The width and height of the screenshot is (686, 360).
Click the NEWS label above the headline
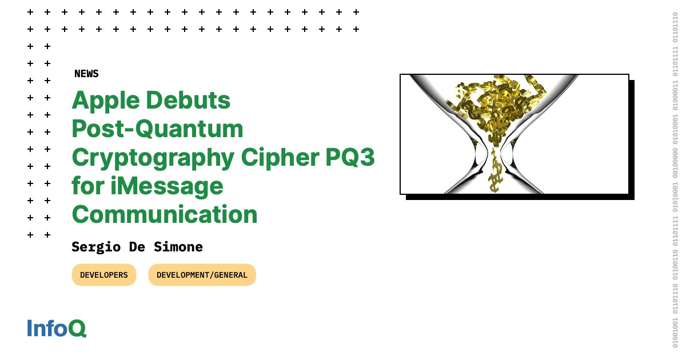click(86, 74)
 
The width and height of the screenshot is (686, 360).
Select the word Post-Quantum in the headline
click(157, 130)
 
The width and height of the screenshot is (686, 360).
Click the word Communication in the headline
click(165, 215)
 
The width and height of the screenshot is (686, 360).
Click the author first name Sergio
click(95, 247)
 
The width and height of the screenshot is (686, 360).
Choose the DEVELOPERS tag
click(104, 275)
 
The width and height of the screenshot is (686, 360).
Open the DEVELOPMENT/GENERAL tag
click(202, 275)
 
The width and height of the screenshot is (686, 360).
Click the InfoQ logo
click(57, 329)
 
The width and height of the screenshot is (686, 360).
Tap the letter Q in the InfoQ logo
click(77, 329)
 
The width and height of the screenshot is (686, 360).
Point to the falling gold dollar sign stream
click(495, 174)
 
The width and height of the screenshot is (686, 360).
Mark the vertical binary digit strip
click(675, 180)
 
